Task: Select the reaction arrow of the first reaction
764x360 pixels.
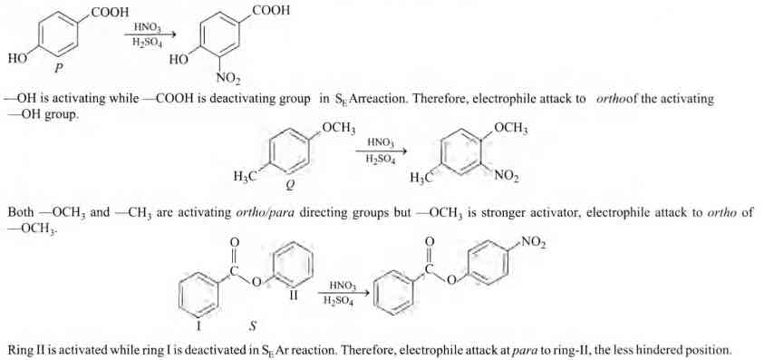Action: [142, 35]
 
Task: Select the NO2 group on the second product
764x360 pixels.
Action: [504, 177]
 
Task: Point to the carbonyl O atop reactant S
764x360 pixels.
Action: [235, 244]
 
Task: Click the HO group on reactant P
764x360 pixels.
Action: [16, 60]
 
